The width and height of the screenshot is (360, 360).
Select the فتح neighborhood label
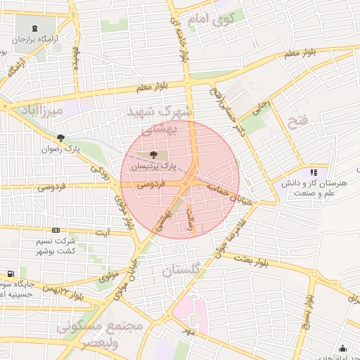(x=298, y=121)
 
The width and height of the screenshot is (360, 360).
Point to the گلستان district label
(x=181, y=270)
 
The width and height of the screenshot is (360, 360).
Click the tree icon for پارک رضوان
(x=61, y=138)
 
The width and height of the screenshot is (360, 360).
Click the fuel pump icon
(x=11, y=274)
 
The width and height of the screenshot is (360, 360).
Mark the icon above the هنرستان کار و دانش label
(x=314, y=172)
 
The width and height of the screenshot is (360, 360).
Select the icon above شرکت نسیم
(x=56, y=230)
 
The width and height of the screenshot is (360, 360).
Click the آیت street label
(x=103, y=233)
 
